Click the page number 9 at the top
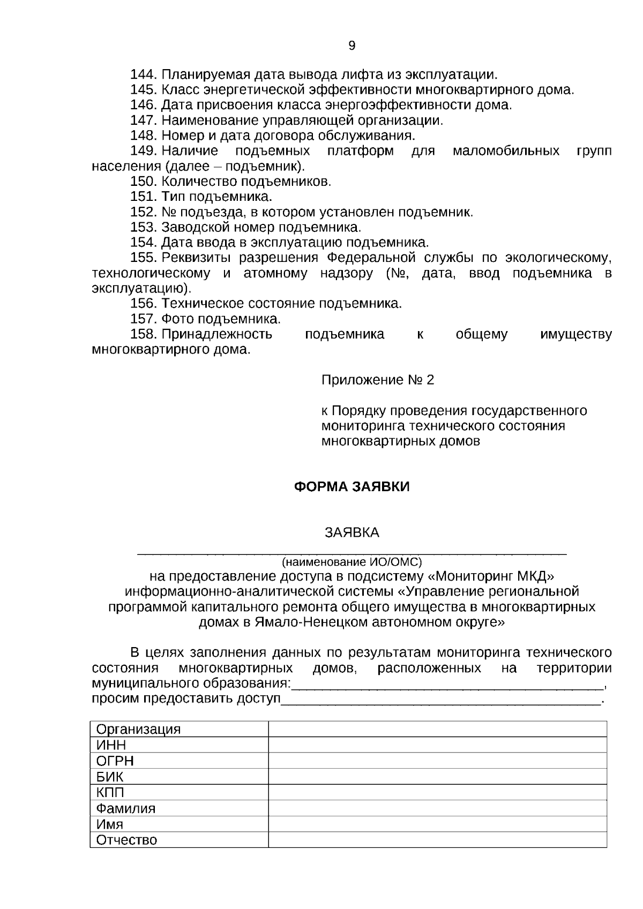click(352, 46)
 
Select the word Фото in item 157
click(178, 319)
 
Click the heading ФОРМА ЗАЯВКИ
click(352, 487)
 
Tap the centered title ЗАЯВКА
click(352, 532)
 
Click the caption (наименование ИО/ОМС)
click(352, 562)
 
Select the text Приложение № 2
click(377, 380)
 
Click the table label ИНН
click(111, 745)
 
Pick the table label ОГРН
click(115, 761)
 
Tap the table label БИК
click(109, 777)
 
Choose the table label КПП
click(110, 792)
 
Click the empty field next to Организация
click(437, 729)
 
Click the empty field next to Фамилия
click(437, 808)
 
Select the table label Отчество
click(126, 840)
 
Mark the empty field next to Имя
click(437, 824)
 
